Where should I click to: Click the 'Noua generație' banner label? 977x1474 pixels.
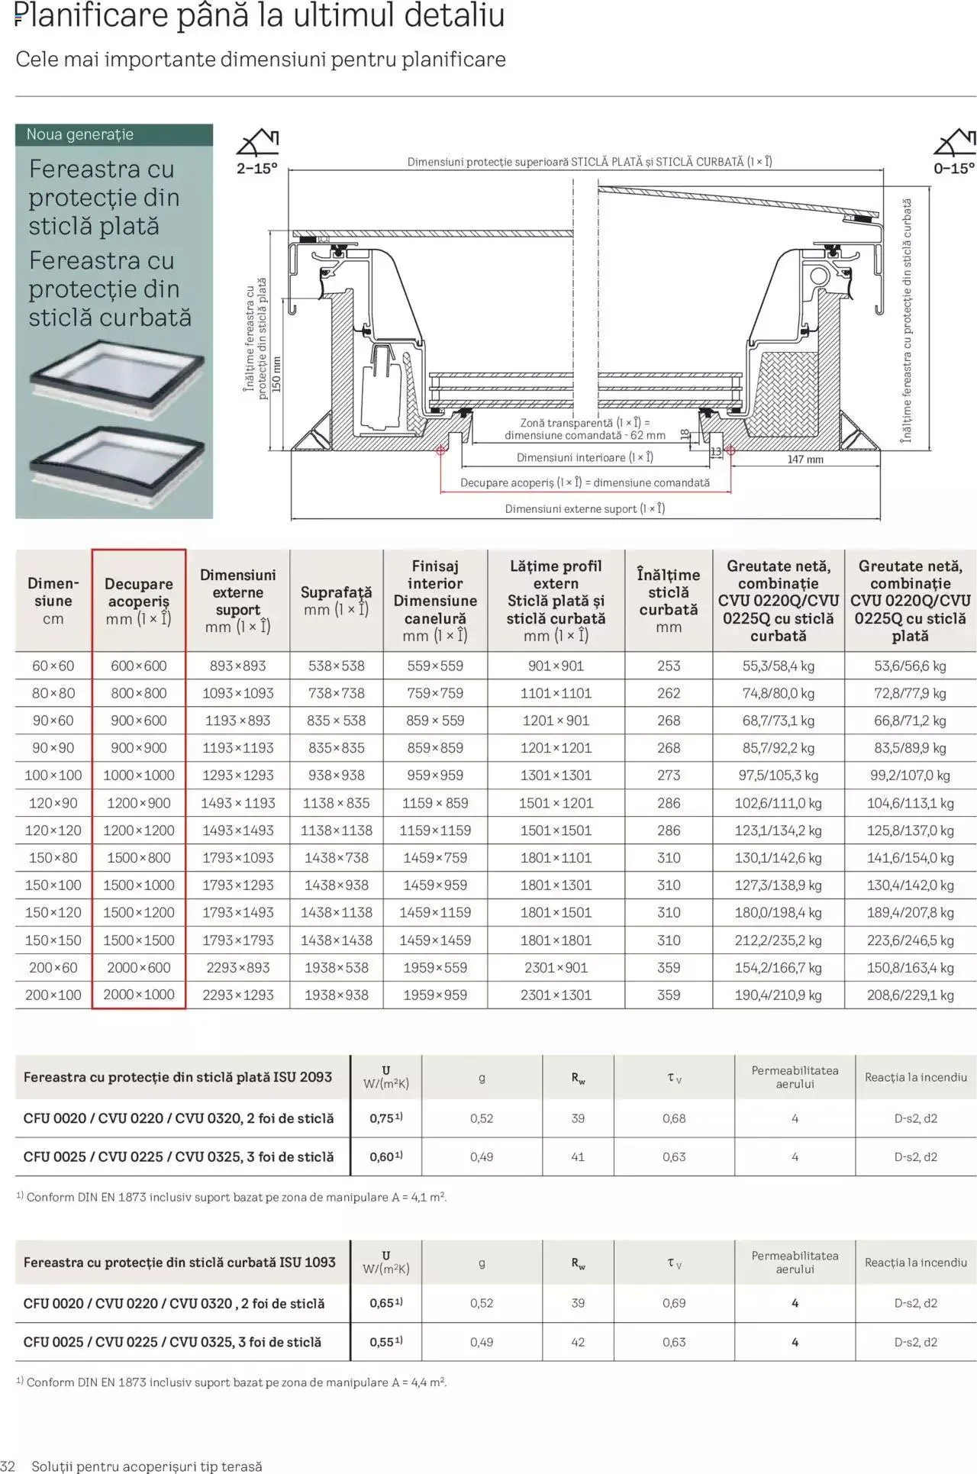pos(79,134)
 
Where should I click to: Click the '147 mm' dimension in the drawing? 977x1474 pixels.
pos(804,460)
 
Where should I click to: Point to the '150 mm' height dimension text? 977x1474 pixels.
pos(276,374)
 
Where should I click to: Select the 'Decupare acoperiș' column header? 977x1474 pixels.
pos(138,601)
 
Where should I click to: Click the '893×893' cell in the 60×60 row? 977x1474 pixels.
pos(237,666)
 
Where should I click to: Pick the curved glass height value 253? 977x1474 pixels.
pos(668,666)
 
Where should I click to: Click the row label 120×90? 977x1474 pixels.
pos(53,803)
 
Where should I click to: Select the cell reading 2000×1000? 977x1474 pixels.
pos(138,995)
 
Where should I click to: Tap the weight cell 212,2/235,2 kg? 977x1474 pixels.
pos(778,940)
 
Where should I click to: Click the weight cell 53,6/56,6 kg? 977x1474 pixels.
pos(910,666)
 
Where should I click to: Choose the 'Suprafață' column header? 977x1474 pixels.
pos(336,600)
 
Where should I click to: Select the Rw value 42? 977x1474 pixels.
pos(578,1342)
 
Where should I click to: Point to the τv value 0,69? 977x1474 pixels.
pos(673,1303)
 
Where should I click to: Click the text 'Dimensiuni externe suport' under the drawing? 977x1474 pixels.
pos(584,509)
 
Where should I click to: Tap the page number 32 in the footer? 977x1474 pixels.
pos(8,1466)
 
